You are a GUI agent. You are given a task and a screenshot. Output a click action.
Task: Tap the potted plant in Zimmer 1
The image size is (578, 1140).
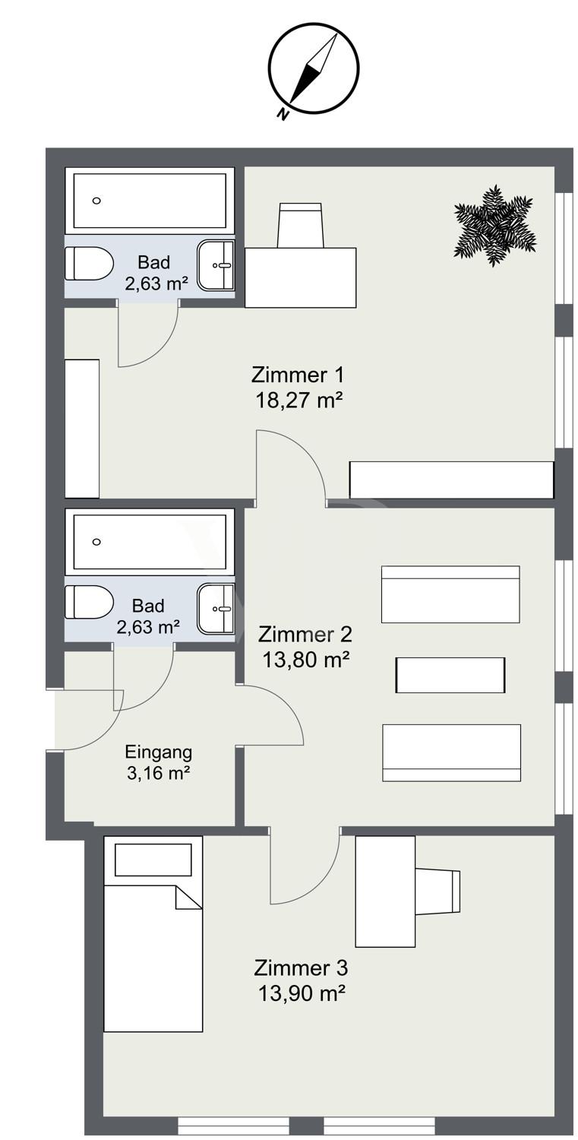coord(494,225)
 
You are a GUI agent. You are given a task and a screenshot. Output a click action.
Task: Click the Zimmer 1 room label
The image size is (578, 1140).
coord(298,375)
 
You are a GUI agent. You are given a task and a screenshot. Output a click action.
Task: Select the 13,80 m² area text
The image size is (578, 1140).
coord(305,660)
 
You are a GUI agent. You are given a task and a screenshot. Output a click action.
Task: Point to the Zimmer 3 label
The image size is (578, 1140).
coord(301,968)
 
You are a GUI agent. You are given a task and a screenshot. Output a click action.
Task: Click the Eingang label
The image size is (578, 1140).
coord(158,752)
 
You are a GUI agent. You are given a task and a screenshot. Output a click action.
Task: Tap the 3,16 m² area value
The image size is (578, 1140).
coord(158,774)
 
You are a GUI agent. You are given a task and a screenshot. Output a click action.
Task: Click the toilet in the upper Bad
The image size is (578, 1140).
coord(88,264)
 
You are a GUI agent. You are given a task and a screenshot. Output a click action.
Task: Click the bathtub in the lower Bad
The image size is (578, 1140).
coord(150,541)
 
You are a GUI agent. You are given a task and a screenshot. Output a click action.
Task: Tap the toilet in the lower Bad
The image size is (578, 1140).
coord(88,603)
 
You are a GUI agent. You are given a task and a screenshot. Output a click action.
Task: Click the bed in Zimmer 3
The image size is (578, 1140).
coord(153,958)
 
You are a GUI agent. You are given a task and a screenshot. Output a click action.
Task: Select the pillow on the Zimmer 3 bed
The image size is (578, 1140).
coord(153,860)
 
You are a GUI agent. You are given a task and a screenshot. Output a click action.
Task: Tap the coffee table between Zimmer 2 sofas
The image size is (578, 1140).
coord(450,675)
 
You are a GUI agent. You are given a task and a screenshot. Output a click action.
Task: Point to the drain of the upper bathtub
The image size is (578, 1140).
coord(96,201)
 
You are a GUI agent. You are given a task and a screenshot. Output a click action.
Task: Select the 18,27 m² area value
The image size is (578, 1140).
coord(298,400)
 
